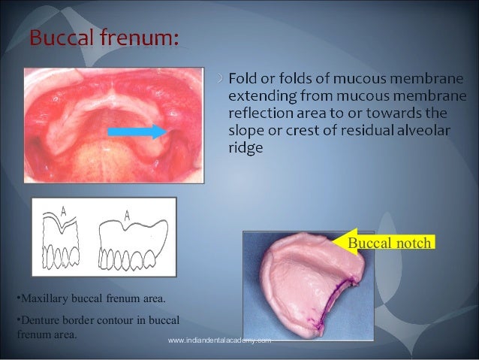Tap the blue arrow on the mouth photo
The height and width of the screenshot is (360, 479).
136,132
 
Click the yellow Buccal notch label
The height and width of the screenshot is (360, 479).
390,243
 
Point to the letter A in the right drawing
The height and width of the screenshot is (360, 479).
127,216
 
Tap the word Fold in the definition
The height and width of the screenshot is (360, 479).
244,77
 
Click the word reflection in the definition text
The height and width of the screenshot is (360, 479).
262,113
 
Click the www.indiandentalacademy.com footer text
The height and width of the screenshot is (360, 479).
218,341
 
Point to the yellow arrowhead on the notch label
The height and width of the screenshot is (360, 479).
340,243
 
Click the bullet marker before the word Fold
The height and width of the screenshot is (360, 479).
219,77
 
